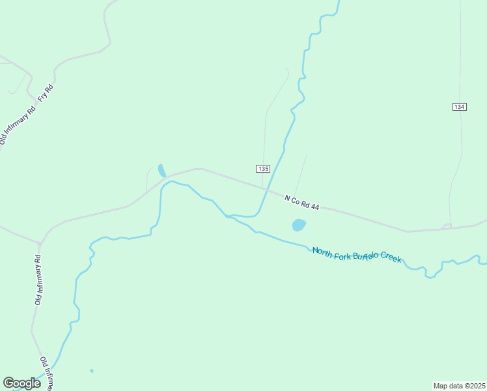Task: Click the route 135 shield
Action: click(262, 169)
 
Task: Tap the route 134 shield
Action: click(460, 107)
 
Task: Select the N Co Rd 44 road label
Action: click(301, 202)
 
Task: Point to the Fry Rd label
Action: click(45, 93)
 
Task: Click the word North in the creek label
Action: click(323, 251)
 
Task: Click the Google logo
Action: click(21, 383)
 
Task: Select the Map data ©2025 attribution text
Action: click(459, 386)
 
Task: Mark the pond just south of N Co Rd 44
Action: click(299, 225)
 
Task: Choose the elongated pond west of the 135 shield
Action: click(161, 170)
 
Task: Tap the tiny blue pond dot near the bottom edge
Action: click(92, 371)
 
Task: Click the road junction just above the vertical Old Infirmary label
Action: click(40, 244)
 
